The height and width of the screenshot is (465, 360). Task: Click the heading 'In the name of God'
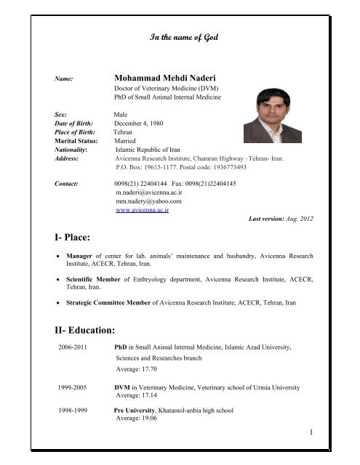click(180, 36)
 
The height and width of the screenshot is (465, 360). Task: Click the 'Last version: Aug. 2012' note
click(281, 219)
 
